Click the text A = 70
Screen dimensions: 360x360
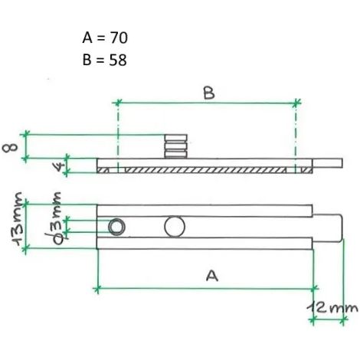(105, 38)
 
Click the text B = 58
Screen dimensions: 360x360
(105, 61)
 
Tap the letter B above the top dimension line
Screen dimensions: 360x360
(209, 93)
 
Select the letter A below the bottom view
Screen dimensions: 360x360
(212, 276)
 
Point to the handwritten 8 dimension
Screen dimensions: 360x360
(10, 147)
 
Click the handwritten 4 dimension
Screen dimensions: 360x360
(59, 167)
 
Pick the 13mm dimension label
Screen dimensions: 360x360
(18, 219)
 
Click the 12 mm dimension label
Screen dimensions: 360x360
(332, 308)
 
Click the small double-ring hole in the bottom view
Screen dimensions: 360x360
(116, 227)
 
